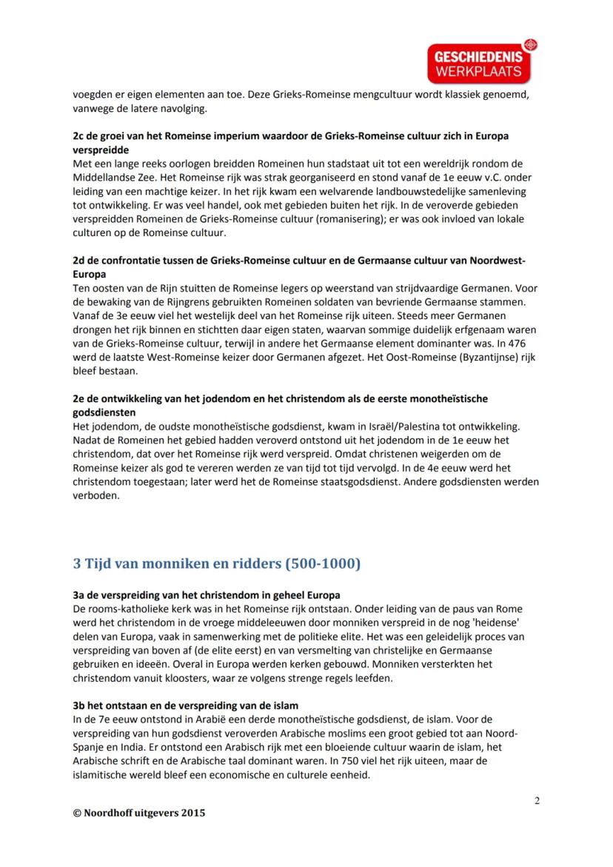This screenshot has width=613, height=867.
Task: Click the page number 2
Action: click(x=537, y=800)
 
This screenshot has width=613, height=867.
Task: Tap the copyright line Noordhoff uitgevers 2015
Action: click(x=139, y=812)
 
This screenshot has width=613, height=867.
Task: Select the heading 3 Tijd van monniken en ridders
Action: click(x=216, y=563)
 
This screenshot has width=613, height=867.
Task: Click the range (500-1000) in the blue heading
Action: click(x=323, y=563)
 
